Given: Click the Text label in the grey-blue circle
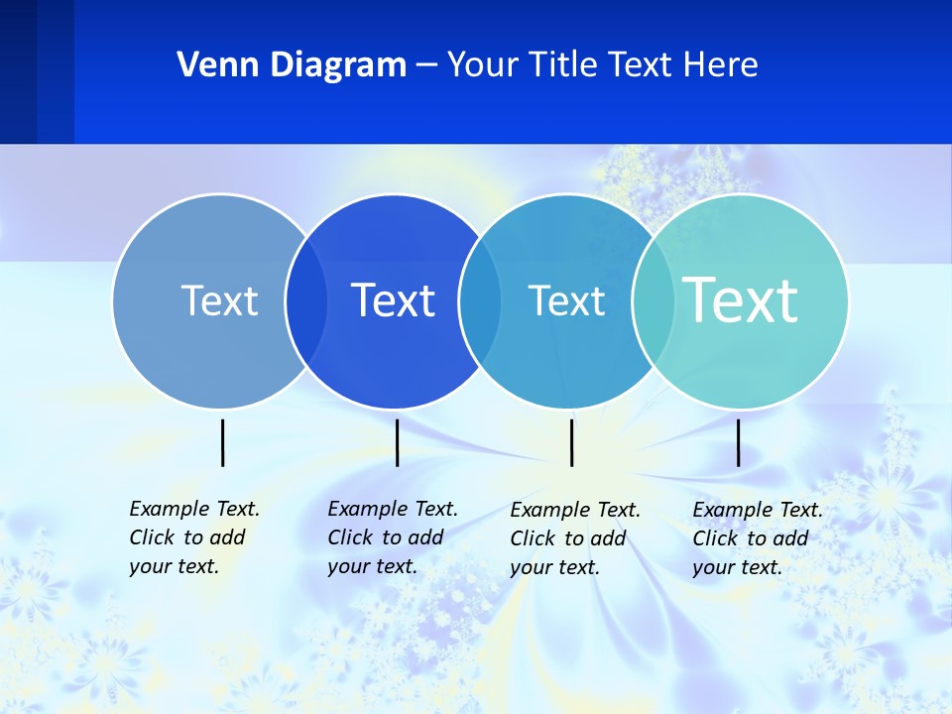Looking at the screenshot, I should [219, 300].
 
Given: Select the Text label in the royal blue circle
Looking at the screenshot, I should [394, 300].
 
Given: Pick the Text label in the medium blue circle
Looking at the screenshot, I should [566, 300].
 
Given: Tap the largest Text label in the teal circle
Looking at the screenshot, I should [741, 299].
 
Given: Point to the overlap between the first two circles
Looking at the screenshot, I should [305, 300].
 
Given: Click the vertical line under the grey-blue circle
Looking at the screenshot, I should [222, 442].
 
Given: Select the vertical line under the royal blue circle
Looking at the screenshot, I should [397, 442].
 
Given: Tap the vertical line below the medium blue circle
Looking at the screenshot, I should [571, 442].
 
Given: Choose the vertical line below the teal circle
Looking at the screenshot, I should [738, 442].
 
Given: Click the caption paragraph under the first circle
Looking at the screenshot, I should [193, 537].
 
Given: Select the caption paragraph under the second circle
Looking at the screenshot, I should [392, 537].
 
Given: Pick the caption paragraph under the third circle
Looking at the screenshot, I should [574, 538].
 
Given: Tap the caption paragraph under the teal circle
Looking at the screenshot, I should [757, 538].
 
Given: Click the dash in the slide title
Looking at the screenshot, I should [426, 65].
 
